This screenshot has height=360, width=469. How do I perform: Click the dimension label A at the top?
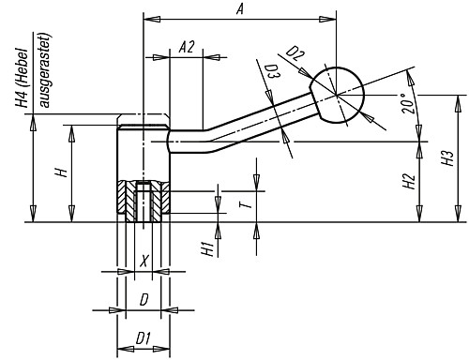click(x=241, y=8)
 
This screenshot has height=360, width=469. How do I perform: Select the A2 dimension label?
click(x=187, y=48)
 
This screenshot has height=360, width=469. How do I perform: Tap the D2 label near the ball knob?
click(x=295, y=54)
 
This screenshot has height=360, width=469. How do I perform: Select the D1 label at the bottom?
click(x=143, y=335)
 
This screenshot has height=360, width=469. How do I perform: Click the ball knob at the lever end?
click(x=339, y=94)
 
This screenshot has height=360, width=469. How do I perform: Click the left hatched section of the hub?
click(x=128, y=201)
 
